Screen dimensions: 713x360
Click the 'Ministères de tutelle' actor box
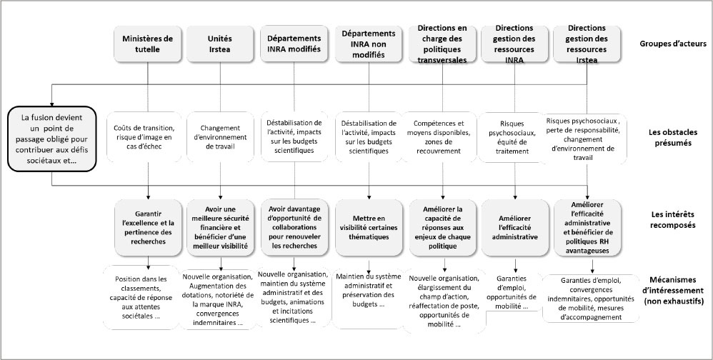148,44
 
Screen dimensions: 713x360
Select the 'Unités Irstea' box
221,44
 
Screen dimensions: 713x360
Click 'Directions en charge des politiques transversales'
442,44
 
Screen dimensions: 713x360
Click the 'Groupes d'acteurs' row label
673,44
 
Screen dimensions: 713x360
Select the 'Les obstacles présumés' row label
673,137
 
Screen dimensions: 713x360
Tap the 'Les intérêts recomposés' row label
673,220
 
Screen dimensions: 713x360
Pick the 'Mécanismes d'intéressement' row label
674,290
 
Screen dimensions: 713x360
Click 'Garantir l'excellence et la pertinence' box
148,227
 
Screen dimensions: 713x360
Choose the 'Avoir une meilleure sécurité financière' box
221,227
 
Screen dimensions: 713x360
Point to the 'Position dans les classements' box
141,298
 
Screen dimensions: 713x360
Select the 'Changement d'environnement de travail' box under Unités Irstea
221,136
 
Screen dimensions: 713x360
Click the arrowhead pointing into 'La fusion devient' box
52,103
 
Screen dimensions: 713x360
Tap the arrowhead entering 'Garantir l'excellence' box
148,197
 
